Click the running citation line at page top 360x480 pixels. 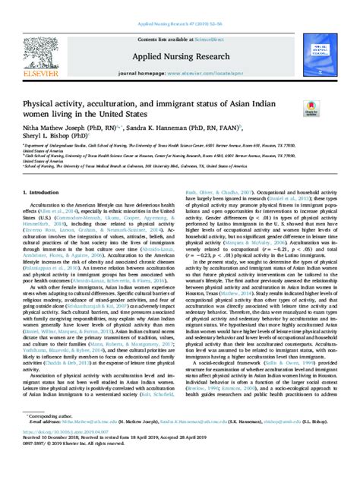click(x=180, y=5)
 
